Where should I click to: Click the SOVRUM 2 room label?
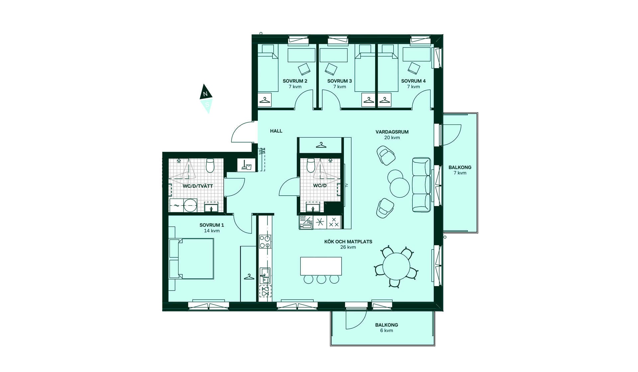[x=295, y=81]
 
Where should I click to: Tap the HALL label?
[x=276, y=131]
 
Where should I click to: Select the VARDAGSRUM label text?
[x=392, y=132]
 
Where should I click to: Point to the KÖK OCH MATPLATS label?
[x=348, y=241]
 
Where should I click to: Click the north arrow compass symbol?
[x=206, y=99]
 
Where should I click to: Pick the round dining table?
[x=396, y=266]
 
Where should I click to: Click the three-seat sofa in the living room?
[x=422, y=185]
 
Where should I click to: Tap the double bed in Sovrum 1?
[x=191, y=258]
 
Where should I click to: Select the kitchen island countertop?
[x=321, y=266]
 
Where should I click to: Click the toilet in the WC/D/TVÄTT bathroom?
[x=210, y=165]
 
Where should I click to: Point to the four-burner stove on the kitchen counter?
[x=265, y=242]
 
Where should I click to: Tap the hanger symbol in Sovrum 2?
[x=265, y=100]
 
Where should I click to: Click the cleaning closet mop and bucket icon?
[x=246, y=165]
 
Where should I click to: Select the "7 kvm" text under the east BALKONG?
[x=460, y=173]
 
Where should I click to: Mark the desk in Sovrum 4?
[x=417, y=54]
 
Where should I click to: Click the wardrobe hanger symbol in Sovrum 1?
[x=249, y=276]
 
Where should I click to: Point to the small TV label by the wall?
[x=347, y=185]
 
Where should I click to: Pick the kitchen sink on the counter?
[x=265, y=276]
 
